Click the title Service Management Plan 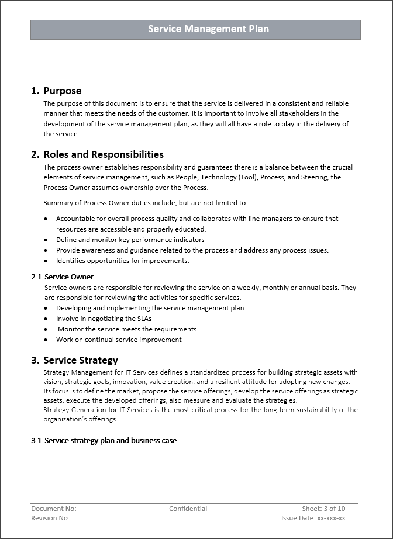(x=208, y=29)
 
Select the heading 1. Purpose (x=56, y=91)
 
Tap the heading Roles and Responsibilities (x=103, y=154)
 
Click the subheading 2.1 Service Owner (x=62, y=277)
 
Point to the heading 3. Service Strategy (x=74, y=360)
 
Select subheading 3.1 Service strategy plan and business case (x=104, y=440)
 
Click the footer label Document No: (x=53, y=509)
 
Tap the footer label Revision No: (x=50, y=518)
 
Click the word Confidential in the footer (x=188, y=509)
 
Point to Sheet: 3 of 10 (x=323, y=509)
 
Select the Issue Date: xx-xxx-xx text (x=313, y=518)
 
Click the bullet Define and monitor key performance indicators (x=130, y=240)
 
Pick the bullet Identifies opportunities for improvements (x=122, y=261)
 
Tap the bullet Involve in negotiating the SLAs (x=104, y=319)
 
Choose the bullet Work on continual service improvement (x=119, y=340)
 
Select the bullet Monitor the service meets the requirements (x=127, y=329)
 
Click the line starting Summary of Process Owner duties (x=145, y=203)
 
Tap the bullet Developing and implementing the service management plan (x=150, y=308)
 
